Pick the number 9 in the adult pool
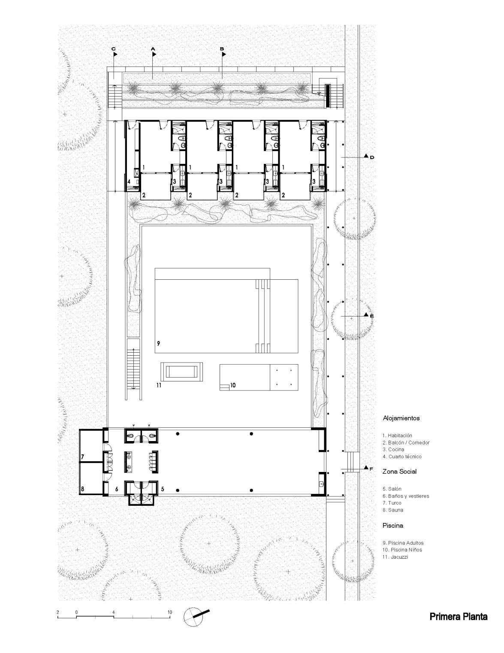click(158, 344)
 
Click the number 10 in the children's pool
click(233, 385)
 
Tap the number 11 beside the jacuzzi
click(159, 385)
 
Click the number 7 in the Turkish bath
click(82, 457)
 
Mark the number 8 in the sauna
click(82, 489)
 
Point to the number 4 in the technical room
click(129, 181)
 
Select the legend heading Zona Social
click(399, 472)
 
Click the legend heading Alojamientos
click(401, 418)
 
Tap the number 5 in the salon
click(163, 489)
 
